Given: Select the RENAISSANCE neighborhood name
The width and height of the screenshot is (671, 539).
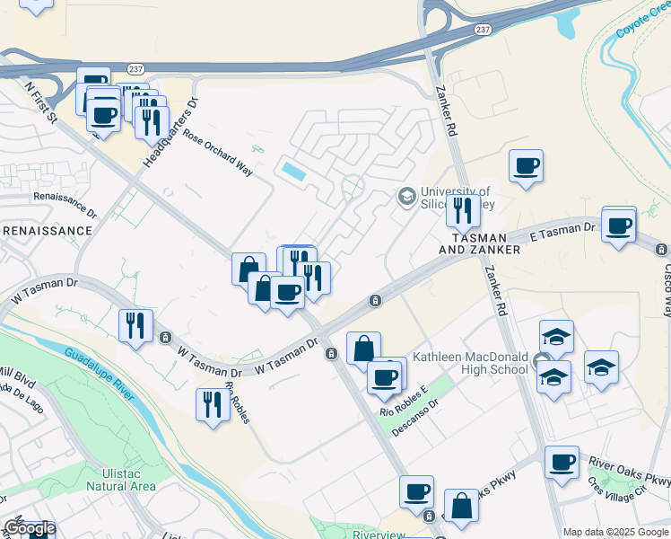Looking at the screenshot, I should [47, 231].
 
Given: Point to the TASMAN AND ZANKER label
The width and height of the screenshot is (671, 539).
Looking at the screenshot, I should [479, 243].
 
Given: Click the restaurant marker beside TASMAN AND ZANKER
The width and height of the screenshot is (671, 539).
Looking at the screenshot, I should [463, 210].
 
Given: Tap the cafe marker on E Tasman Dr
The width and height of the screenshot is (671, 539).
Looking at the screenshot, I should [618, 225].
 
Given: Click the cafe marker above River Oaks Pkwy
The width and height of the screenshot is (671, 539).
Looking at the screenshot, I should [562, 462].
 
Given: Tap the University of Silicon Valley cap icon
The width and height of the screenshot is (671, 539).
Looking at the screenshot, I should [406, 195].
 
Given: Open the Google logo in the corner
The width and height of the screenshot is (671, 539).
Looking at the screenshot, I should [29, 528].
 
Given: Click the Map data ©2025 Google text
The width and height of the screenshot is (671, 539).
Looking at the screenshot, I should [614, 532].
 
